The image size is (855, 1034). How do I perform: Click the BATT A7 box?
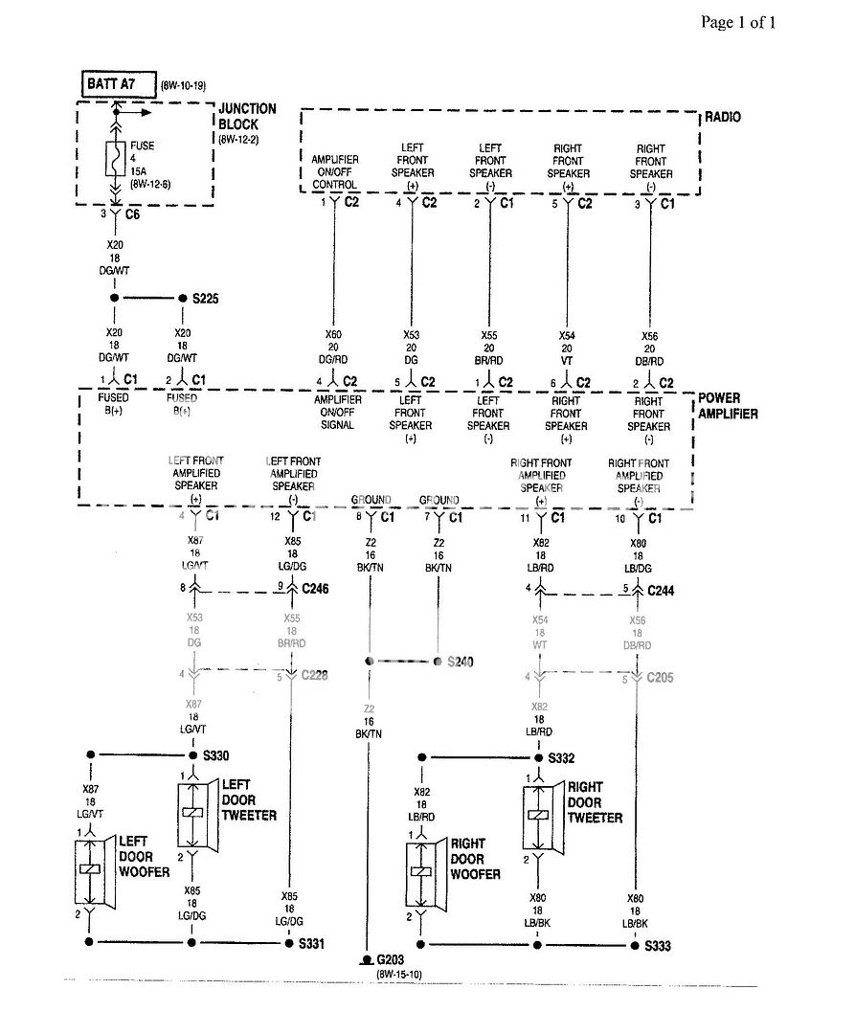(111, 84)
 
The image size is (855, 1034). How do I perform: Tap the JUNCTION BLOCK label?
(247, 117)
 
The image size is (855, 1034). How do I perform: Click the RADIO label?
(724, 118)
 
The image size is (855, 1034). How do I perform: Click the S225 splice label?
(206, 299)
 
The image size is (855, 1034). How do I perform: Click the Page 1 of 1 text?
(738, 22)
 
